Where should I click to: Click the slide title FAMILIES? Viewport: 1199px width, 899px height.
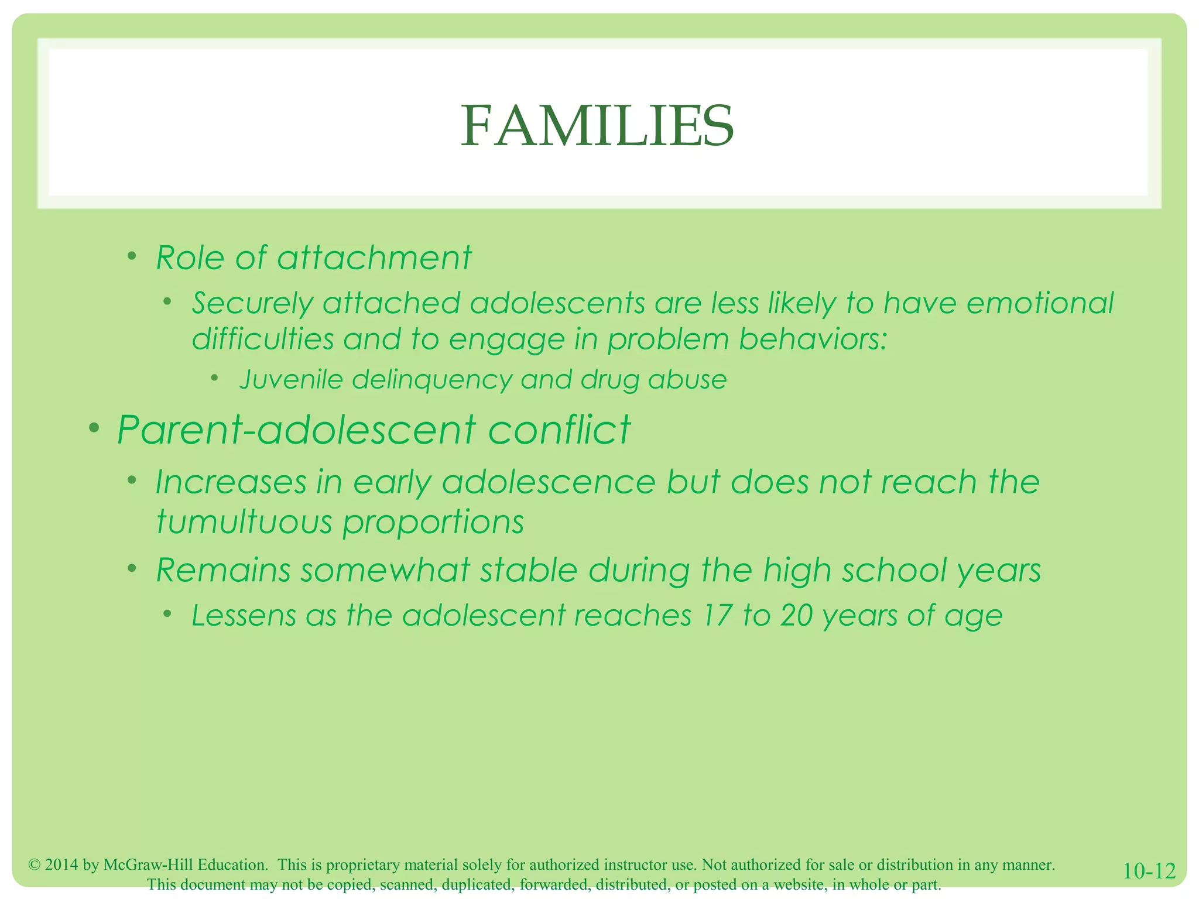[x=597, y=126]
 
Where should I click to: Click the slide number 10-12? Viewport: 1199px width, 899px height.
[x=1149, y=871]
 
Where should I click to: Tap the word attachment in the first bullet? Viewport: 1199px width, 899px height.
[x=374, y=258]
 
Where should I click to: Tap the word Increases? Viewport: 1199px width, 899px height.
[x=231, y=482]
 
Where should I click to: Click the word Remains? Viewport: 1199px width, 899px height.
[x=223, y=570]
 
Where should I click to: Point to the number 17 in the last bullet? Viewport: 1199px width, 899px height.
[x=714, y=616]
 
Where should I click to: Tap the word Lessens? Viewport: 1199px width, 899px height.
[x=244, y=616]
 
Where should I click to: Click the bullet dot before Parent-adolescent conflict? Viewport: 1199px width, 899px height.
[x=94, y=429]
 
